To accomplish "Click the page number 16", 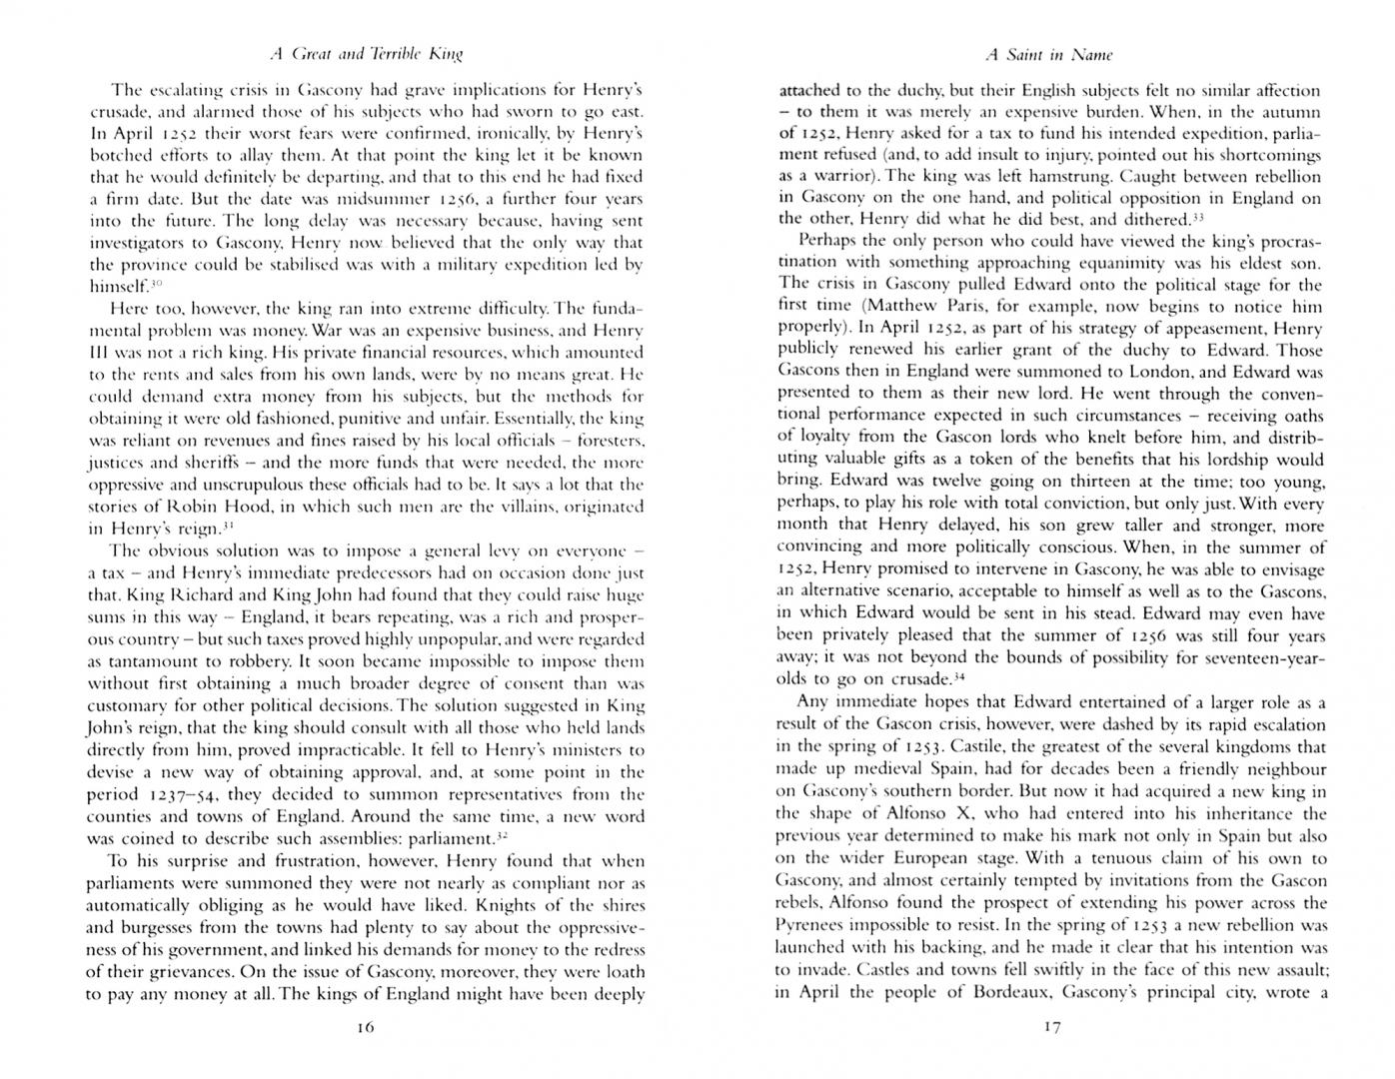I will click(365, 1027).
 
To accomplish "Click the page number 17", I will click(1051, 1027).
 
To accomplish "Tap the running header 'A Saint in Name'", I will click(1048, 55).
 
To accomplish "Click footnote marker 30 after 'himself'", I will click(156, 284).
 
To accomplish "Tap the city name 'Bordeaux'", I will click(1002, 992).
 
